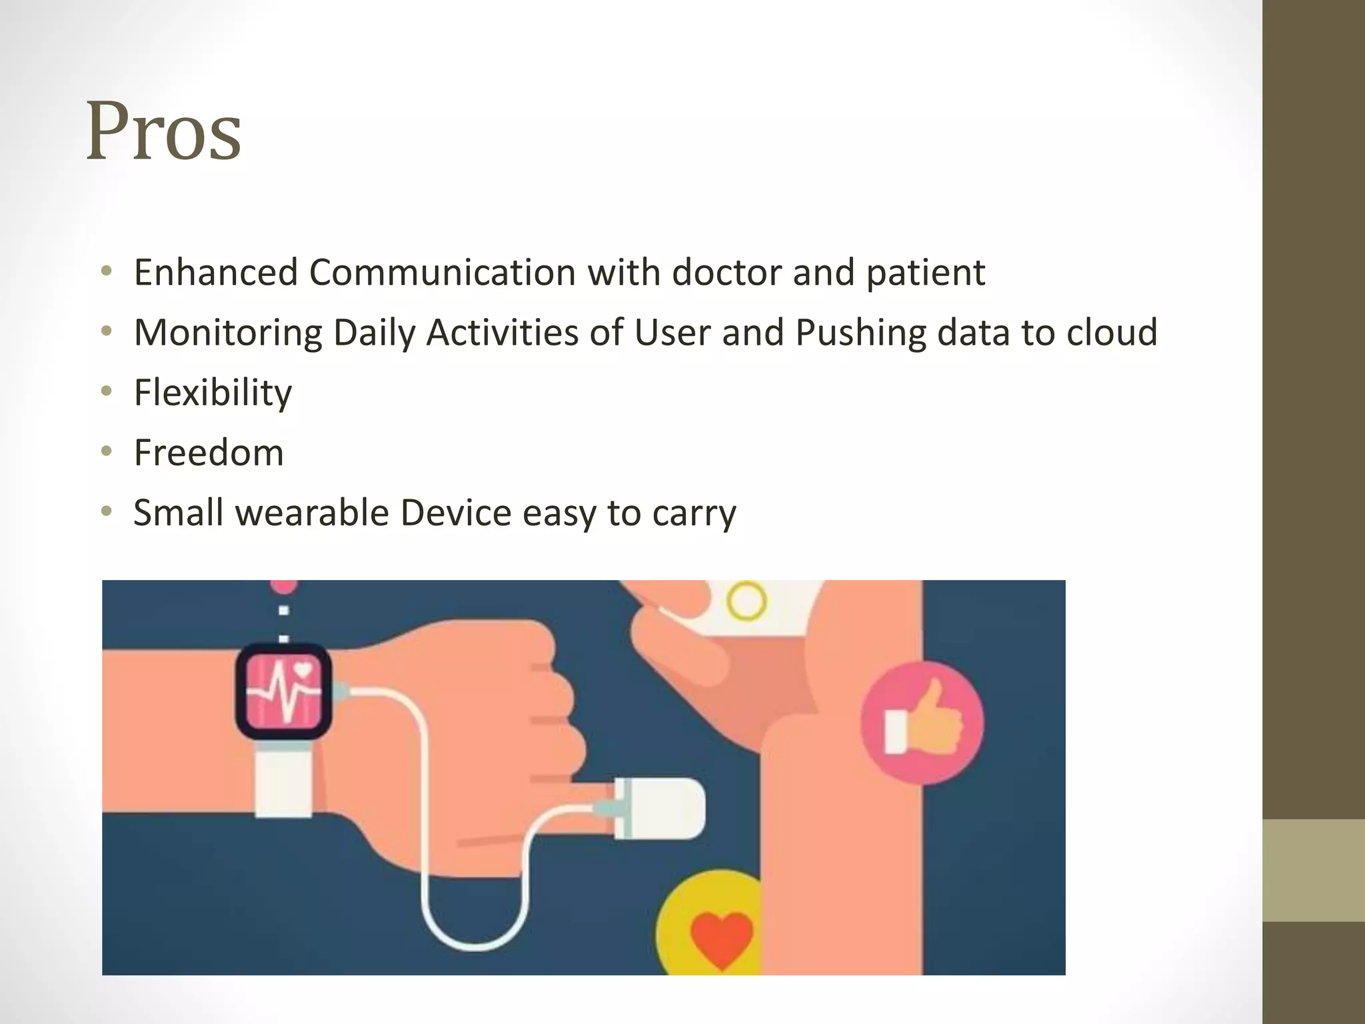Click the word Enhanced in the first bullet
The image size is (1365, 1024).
point(215,273)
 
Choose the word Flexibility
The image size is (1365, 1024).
point(213,393)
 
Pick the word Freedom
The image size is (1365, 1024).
point(209,453)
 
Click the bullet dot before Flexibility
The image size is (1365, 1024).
point(107,391)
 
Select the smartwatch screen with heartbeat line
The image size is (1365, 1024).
point(283,691)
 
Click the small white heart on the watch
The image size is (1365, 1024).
point(303,669)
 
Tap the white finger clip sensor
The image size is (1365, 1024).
point(660,808)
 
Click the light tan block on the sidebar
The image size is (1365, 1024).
point(1314,870)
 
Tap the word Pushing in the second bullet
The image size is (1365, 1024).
point(860,333)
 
